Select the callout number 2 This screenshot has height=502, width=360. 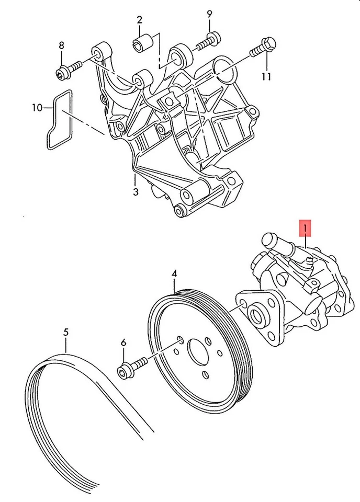point(140,20)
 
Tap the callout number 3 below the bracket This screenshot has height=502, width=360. point(135,192)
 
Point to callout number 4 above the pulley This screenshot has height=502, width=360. point(174,273)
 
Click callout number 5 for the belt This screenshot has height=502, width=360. point(65,332)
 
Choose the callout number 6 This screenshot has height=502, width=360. point(123,343)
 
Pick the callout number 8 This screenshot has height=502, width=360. point(61,45)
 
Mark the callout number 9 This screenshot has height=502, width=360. point(209,13)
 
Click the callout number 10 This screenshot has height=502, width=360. point(36,108)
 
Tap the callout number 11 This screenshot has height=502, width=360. point(266,76)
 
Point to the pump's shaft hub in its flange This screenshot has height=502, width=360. point(256,316)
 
